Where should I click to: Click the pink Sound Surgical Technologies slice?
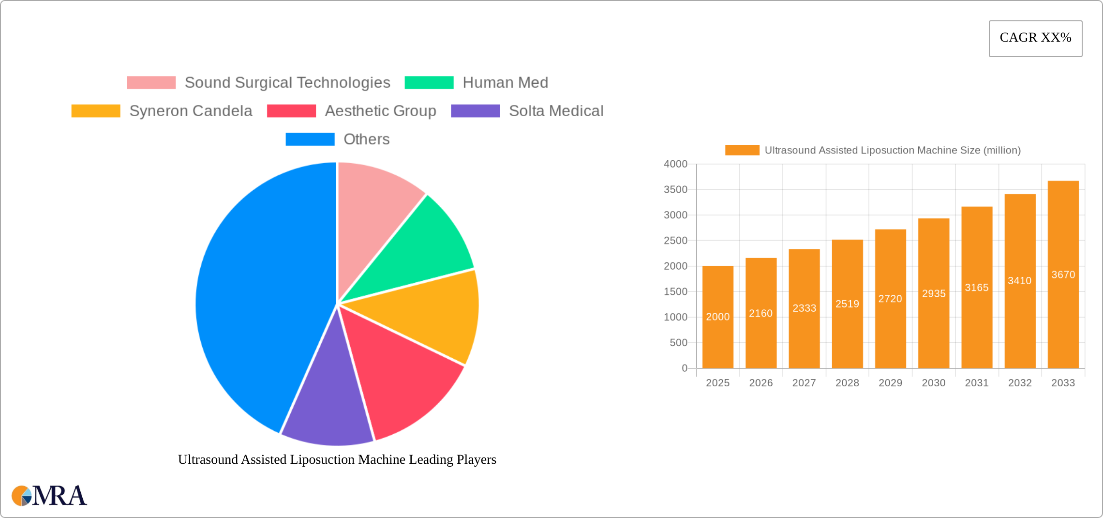tap(373, 203)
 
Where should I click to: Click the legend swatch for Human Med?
tap(429, 83)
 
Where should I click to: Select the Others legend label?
tap(366, 139)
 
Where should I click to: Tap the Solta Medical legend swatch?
tap(475, 111)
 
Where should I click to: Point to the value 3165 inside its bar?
tap(977, 288)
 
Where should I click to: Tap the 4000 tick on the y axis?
tap(675, 164)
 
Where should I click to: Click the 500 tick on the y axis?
tap(678, 343)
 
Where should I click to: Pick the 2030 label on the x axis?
tap(933, 383)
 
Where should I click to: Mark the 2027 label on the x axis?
tap(804, 383)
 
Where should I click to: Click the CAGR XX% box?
tap(1035, 38)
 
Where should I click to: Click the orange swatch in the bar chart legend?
tap(742, 151)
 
